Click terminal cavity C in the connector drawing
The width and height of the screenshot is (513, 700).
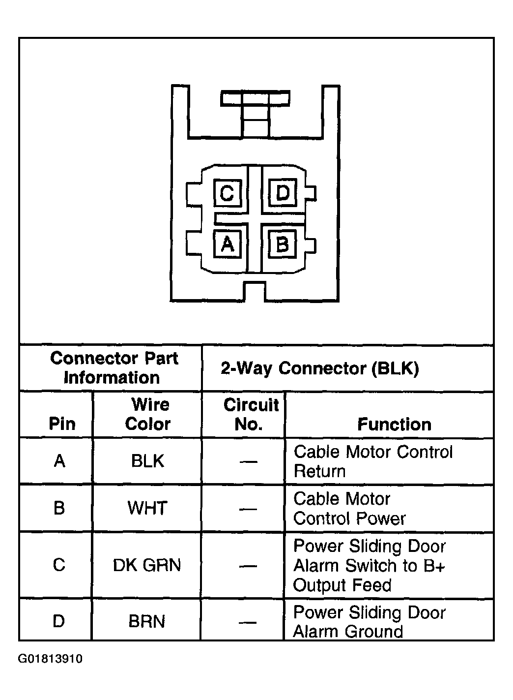[227, 193]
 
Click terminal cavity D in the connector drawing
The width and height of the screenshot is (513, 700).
[283, 193]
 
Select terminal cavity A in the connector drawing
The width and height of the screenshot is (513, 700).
[227, 243]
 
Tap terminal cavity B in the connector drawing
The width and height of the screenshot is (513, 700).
[283, 243]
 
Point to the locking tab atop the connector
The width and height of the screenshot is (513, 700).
[255, 98]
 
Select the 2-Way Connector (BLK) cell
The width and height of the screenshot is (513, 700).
[319, 368]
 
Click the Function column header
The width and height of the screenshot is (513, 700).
[394, 424]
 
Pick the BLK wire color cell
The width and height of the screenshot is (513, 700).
[147, 461]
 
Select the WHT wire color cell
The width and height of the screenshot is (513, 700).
[147, 508]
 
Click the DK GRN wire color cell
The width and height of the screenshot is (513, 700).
[147, 565]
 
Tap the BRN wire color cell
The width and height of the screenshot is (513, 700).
[147, 621]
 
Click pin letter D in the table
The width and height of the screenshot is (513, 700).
[58, 621]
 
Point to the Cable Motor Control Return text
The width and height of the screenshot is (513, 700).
[372, 461]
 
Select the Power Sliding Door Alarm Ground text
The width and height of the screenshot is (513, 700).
[369, 622]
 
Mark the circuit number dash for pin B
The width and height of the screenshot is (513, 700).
[248, 509]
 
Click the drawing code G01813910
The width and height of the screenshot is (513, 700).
[51, 659]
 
